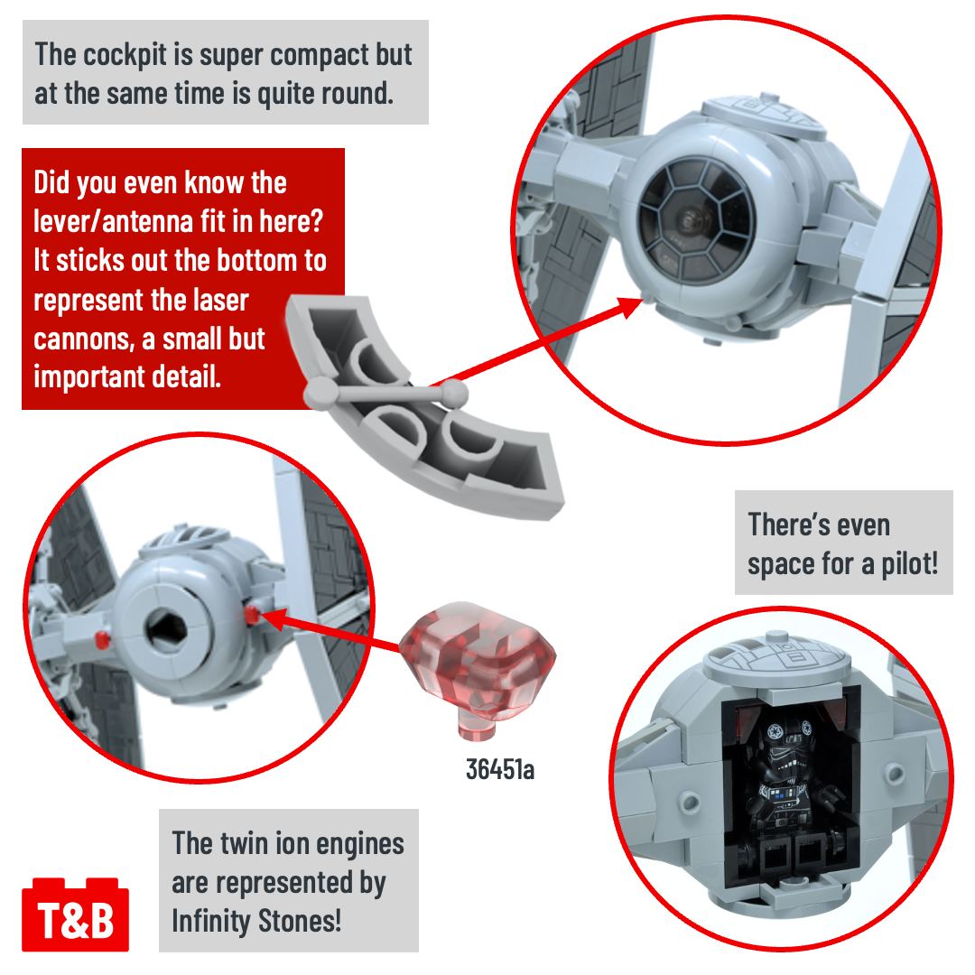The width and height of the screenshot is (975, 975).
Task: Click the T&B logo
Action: pyautogui.click(x=75, y=913)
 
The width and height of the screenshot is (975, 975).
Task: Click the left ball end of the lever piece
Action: pyautogui.click(x=318, y=392)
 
